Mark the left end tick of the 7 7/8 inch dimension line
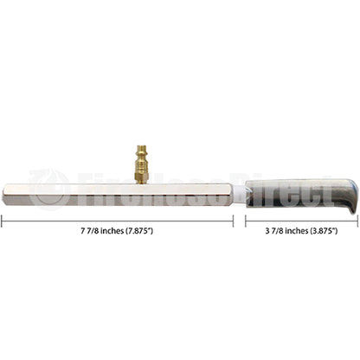[x=2, y=222]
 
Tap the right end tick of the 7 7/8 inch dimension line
[x=234, y=222]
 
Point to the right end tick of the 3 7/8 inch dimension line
[x=357, y=222]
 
